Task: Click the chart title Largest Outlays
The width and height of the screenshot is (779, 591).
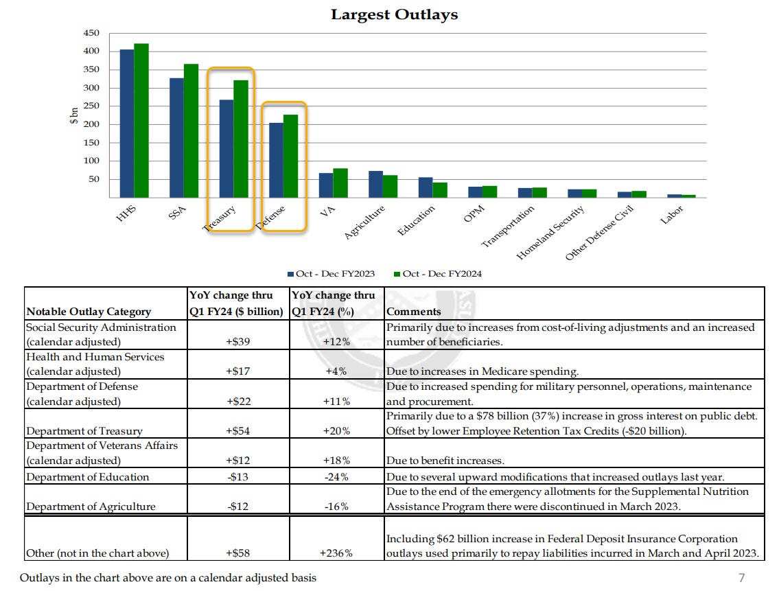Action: pos(394,14)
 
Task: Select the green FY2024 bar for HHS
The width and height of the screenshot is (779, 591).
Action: pos(141,121)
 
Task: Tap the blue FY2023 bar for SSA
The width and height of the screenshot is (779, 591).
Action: pos(176,138)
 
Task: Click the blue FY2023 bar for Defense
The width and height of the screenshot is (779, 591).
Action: pos(276,161)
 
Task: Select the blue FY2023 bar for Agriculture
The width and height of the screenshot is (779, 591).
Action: pos(375,185)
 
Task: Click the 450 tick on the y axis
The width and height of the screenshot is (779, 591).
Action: pos(92,33)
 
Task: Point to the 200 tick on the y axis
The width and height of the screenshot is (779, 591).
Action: pos(92,124)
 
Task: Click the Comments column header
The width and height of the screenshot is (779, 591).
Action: pos(414,312)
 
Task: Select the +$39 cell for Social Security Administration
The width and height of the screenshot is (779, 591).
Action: pos(237,342)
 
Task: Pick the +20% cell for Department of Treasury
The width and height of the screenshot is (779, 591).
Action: pos(336,431)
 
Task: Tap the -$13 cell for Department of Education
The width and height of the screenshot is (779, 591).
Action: pos(237,477)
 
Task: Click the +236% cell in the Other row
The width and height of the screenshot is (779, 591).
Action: pos(336,553)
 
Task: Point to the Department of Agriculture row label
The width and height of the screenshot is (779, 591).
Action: pos(91,507)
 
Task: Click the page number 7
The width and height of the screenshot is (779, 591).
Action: pos(741,577)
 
